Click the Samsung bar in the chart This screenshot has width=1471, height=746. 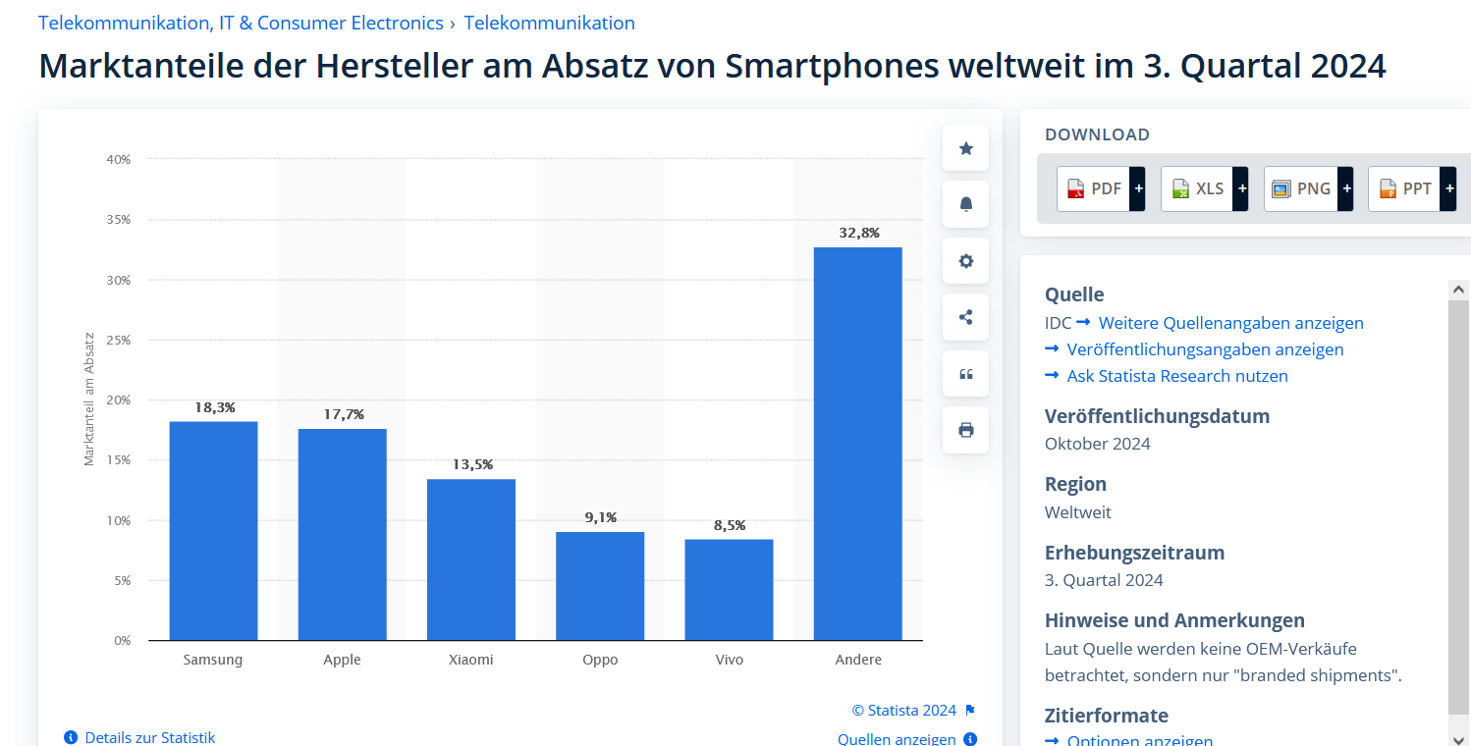pyautogui.click(x=213, y=530)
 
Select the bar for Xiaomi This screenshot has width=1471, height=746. pyautogui.click(x=471, y=559)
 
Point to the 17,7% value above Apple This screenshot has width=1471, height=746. pyautogui.click(x=343, y=414)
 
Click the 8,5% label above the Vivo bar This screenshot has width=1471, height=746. pyautogui.click(x=730, y=525)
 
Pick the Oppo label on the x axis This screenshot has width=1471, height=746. pyautogui.click(x=600, y=660)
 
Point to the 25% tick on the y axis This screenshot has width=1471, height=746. pyautogui.click(x=119, y=340)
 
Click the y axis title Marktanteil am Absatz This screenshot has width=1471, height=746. pyautogui.click(x=88, y=399)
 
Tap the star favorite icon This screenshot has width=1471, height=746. pyautogui.click(x=965, y=148)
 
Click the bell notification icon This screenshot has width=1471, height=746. pyautogui.click(x=965, y=204)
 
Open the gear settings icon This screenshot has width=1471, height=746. pyautogui.click(x=965, y=261)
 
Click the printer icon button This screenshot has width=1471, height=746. pyautogui.click(x=965, y=430)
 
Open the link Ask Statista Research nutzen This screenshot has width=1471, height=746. pyautogui.click(x=1177, y=376)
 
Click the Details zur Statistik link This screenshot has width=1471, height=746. pyautogui.click(x=149, y=737)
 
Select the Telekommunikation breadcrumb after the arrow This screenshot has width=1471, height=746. pyautogui.click(x=549, y=23)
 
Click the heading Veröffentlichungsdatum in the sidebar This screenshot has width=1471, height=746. pyautogui.click(x=1157, y=416)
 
